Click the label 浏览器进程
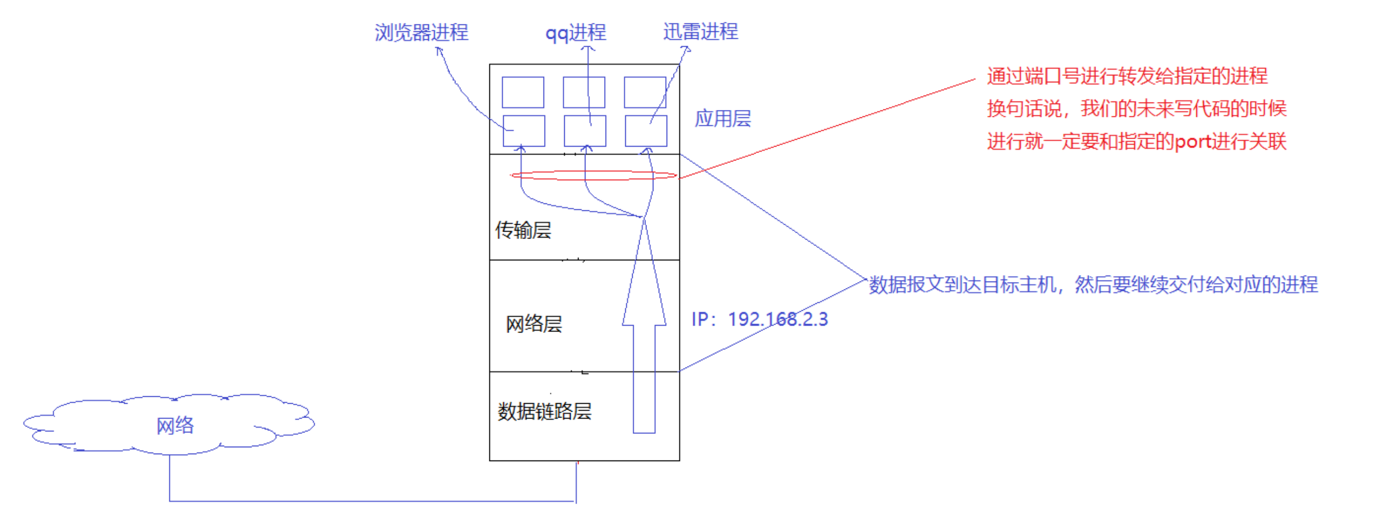(x=421, y=33)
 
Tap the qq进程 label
(x=575, y=33)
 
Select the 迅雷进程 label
(x=700, y=32)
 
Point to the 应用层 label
(x=723, y=118)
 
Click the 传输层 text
(x=523, y=230)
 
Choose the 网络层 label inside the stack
(x=533, y=324)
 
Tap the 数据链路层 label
(x=544, y=411)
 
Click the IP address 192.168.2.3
(x=778, y=319)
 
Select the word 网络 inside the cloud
(x=175, y=425)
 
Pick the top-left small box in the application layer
(x=523, y=92)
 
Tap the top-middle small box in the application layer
(x=584, y=92)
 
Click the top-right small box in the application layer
(x=645, y=92)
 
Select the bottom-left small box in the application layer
(x=523, y=131)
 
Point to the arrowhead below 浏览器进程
(x=439, y=50)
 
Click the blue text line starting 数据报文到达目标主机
(x=1093, y=285)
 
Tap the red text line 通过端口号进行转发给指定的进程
(x=1127, y=76)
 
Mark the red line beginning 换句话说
(x=1136, y=109)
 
